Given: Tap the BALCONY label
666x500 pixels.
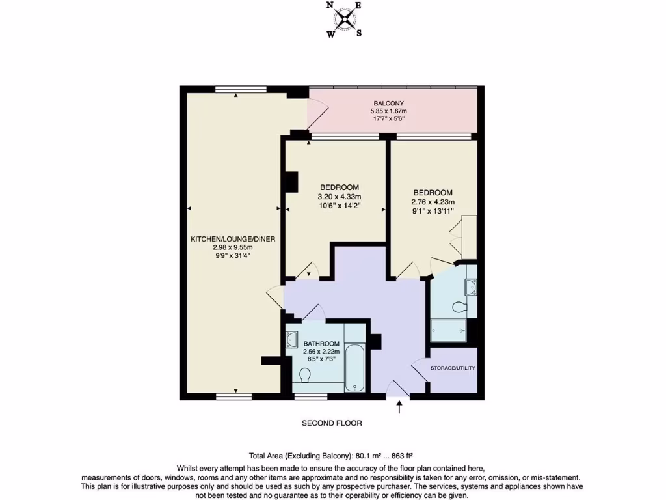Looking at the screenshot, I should coord(389,104).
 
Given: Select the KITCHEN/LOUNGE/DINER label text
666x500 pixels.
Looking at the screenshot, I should coord(233,239).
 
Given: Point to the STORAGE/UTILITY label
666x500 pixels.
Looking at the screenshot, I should coord(453,368).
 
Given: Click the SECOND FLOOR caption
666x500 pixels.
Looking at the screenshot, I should coord(332,423).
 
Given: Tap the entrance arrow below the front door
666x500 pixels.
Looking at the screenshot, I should coord(398,408).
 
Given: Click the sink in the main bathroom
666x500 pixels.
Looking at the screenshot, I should coord(292,339).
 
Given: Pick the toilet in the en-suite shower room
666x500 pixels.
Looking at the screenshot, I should coord(461,307).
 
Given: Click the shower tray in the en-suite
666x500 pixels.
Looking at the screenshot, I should coord(449,331).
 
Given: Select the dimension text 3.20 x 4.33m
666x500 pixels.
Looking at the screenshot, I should coord(339,197).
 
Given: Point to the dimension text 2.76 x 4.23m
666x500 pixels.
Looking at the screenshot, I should coord(433,202).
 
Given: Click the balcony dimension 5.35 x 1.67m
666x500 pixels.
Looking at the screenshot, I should coord(389,111).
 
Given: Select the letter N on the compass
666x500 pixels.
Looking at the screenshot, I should coord(330,6).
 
